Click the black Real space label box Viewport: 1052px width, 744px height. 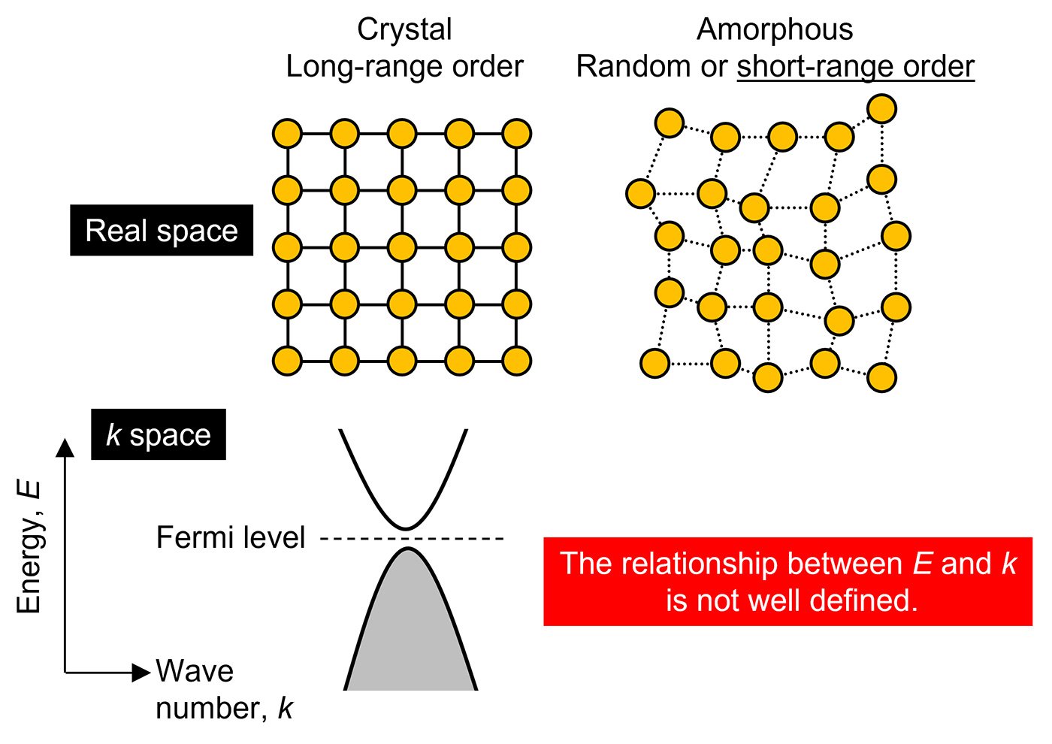[x=162, y=230]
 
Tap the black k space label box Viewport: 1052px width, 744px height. [x=159, y=434]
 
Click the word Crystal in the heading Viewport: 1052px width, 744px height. [x=404, y=29]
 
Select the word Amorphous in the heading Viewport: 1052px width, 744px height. [x=775, y=29]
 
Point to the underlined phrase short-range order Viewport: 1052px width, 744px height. [x=856, y=67]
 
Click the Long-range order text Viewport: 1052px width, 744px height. [x=404, y=67]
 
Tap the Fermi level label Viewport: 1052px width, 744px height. [x=231, y=537]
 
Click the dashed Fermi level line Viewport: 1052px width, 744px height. [x=412, y=538]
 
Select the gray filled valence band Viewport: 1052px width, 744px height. [x=410, y=630]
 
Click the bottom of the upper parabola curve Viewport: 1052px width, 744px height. [x=407, y=529]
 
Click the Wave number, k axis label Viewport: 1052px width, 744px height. [x=225, y=690]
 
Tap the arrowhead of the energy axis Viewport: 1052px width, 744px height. [x=65, y=448]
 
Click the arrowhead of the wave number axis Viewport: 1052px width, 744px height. [x=141, y=673]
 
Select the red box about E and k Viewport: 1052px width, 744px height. [x=787, y=582]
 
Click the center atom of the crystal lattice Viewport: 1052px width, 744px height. [x=402, y=247]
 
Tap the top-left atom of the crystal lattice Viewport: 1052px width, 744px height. [x=287, y=134]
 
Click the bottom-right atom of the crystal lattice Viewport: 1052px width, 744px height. [x=517, y=361]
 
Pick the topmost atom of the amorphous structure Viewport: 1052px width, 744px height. [x=882, y=108]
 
